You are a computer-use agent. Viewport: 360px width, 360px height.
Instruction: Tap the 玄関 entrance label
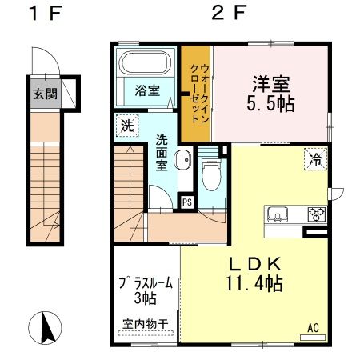(x=45, y=92)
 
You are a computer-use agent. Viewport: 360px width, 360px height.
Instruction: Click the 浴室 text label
(x=145, y=90)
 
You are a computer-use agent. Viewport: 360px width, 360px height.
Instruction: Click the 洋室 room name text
(x=271, y=83)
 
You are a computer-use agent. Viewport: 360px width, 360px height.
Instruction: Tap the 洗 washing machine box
(x=127, y=126)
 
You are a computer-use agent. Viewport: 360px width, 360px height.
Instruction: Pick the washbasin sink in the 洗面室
(x=183, y=160)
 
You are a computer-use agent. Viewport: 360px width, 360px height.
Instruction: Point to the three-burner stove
(x=317, y=214)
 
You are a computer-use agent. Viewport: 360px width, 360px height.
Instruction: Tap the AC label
(x=314, y=327)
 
